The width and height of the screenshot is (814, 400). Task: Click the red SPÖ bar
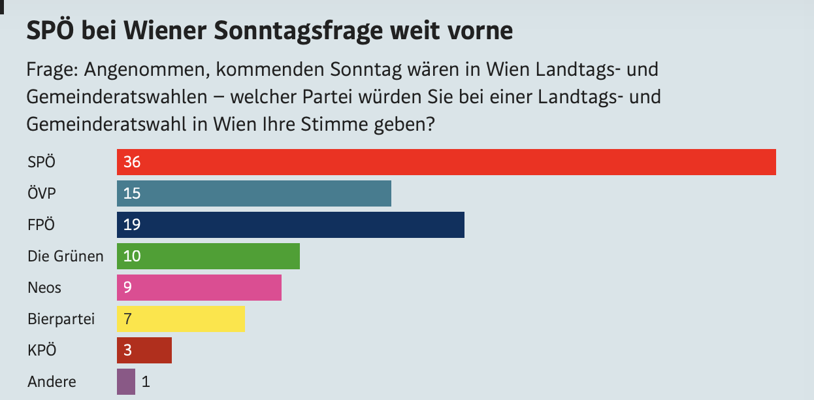tap(446, 162)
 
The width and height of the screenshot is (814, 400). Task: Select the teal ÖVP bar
tap(253, 193)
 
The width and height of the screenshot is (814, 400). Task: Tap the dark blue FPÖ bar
tap(290, 225)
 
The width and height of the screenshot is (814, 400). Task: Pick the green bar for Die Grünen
tap(208, 256)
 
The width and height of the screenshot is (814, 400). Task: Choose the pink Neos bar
tap(199, 288)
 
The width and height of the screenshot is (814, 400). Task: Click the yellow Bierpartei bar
tap(180, 319)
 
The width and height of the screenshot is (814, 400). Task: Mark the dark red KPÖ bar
tap(144, 350)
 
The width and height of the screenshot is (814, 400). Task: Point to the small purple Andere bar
tap(126, 382)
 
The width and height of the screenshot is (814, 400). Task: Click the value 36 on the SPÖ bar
tap(132, 162)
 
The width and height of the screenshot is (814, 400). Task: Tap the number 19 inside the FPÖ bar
tap(132, 225)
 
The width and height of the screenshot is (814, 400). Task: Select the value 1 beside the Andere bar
tap(146, 382)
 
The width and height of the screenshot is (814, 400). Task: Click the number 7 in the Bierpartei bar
tap(127, 319)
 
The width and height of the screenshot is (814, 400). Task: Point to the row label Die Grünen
tap(65, 256)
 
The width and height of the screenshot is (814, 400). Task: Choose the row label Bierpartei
tap(61, 319)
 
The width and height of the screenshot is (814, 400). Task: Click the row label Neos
tap(44, 288)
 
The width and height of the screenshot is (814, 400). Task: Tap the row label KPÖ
tap(42, 350)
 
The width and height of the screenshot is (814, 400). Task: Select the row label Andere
tap(52, 382)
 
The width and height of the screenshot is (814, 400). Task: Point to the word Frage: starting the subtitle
tap(52, 69)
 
